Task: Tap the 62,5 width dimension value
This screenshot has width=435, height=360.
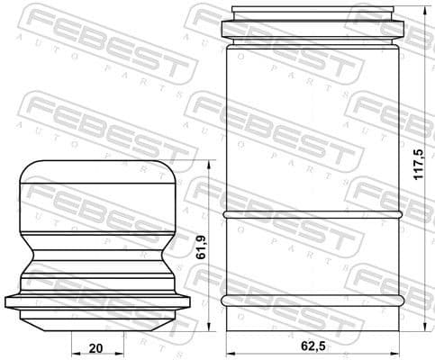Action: click(312, 346)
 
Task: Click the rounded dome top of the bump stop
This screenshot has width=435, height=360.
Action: click(99, 175)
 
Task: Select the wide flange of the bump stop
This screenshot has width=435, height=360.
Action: click(99, 302)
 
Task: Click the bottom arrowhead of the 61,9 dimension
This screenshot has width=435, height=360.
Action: click(208, 327)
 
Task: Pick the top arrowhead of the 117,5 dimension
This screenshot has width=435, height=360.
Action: click(425, 11)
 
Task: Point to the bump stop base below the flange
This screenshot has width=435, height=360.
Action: click(99, 319)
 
